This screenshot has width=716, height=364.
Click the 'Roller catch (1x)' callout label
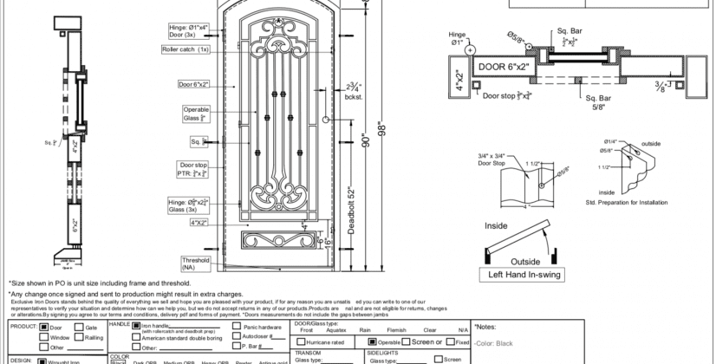coord(186,49)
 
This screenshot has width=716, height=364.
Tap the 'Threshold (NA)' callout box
coord(196,263)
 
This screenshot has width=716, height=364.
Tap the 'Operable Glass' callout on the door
coord(196,114)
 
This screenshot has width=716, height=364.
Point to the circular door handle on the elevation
coord(325,120)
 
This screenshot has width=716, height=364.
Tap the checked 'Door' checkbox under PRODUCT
coord(44,328)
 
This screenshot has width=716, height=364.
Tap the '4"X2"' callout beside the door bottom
coord(200,223)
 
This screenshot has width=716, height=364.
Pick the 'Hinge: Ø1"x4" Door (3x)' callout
coord(189,30)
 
